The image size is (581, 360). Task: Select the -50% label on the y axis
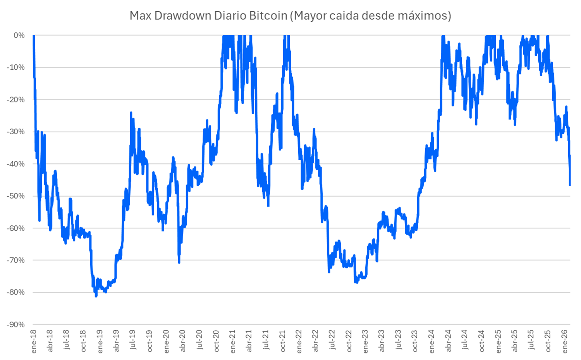pyautogui.click(x=16, y=196)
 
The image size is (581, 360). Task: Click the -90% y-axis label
pyautogui.click(x=16, y=324)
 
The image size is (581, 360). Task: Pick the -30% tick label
pyautogui.click(x=16, y=132)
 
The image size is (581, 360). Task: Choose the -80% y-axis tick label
pyautogui.click(x=16, y=292)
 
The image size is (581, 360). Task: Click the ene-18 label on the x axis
pyautogui.click(x=34, y=341)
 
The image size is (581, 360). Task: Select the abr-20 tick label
pyautogui.click(x=183, y=341)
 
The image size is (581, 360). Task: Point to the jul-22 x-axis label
pyautogui.click(x=332, y=341)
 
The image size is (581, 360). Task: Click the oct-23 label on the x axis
pyautogui.click(x=415, y=341)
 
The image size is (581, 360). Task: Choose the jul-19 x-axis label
pyautogui.click(x=133, y=341)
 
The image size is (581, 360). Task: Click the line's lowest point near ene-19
pyautogui.click(x=96, y=296)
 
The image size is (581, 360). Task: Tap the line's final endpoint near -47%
pyautogui.click(x=570, y=185)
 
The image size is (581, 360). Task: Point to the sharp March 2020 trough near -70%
pyautogui.click(x=179, y=262)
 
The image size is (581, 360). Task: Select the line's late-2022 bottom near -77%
pyautogui.click(x=356, y=282)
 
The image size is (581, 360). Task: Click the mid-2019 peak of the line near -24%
pyautogui.click(x=131, y=113)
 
